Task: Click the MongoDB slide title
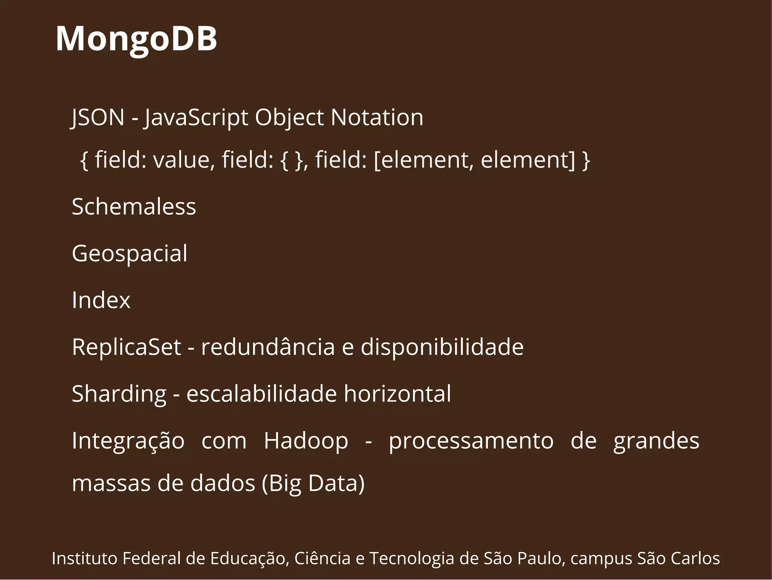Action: [136, 38]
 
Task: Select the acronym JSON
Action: [98, 117]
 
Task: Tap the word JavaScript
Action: [196, 118]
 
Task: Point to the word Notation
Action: [377, 117]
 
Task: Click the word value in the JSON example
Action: [184, 159]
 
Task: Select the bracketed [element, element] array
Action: [475, 159]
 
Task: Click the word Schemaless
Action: [134, 206]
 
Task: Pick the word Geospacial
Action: [129, 254]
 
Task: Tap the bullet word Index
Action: [101, 300]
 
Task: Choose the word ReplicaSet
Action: [126, 347]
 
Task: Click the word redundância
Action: [268, 347]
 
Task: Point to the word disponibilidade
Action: [442, 347]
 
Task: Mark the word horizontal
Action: [397, 394]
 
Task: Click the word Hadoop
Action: [306, 441]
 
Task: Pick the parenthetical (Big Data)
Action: [313, 483]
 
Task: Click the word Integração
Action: [128, 441]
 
